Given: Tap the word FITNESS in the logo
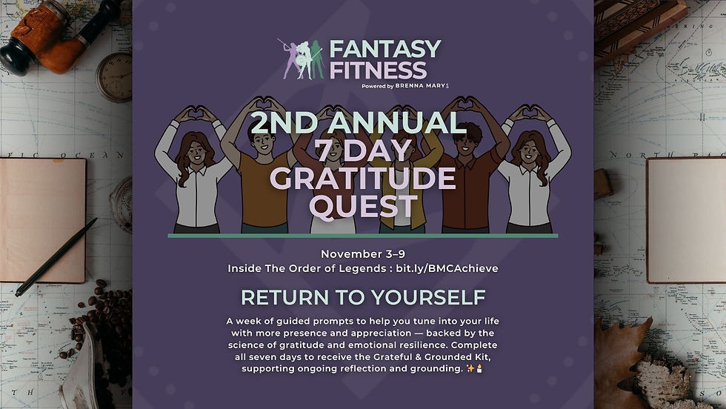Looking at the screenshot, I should tap(378, 71).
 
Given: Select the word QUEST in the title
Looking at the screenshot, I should tap(363, 207).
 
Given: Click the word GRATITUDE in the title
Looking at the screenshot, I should tap(363, 179).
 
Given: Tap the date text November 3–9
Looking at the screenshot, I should tap(363, 253).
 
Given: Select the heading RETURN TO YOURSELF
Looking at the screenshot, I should tap(363, 298).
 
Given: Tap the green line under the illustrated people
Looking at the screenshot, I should tap(363, 236).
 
